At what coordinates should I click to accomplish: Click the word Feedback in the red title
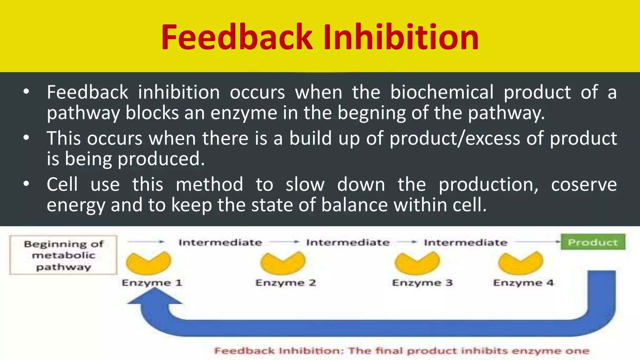click(x=237, y=37)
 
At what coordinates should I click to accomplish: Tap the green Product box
click(x=593, y=242)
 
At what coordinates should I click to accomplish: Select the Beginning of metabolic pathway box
click(x=63, y=255)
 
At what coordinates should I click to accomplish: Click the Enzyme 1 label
click(x=152, y=283)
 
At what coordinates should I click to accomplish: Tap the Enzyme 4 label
click(x=523, y=283)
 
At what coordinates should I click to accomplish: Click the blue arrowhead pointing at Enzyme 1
click(x=154, y=297)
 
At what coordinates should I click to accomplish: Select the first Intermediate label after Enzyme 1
click(x=220, y=242)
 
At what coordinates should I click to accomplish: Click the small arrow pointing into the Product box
click(x=557, y=242)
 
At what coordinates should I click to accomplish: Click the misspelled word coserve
click(x=583, y=185)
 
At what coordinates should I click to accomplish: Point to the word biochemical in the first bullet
click(x=442, y=92)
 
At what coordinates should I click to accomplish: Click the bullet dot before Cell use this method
click(x=26, y=184)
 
